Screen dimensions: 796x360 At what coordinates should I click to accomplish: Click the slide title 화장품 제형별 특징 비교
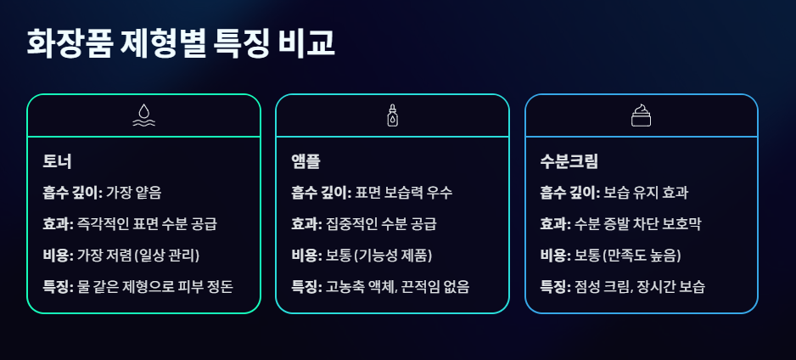click(180, 44)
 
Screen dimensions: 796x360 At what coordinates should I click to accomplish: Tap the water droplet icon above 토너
click(143, 115)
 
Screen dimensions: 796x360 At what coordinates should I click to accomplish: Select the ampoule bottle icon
click(392, 115)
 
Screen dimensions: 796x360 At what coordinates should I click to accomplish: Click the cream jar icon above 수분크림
click(641, 115)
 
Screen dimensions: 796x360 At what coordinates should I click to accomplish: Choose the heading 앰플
click(306, 161)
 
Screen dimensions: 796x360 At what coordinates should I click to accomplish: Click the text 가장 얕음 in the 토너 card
click(133, 193)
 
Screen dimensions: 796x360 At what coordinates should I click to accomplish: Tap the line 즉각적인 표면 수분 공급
click(147, 224)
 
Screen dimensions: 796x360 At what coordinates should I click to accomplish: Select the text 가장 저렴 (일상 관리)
click(138, 256)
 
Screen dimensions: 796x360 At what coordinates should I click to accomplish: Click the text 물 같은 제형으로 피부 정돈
click(154, 287)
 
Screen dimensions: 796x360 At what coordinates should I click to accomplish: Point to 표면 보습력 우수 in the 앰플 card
click(403, 193)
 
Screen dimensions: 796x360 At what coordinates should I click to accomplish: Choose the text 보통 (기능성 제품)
click(379, 256)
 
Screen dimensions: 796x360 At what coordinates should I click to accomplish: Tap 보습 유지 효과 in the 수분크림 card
click(646, 193)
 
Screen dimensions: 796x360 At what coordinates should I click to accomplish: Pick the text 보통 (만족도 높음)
click(628, 256)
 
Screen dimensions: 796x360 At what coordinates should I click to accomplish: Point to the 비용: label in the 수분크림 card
click(556, 256)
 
